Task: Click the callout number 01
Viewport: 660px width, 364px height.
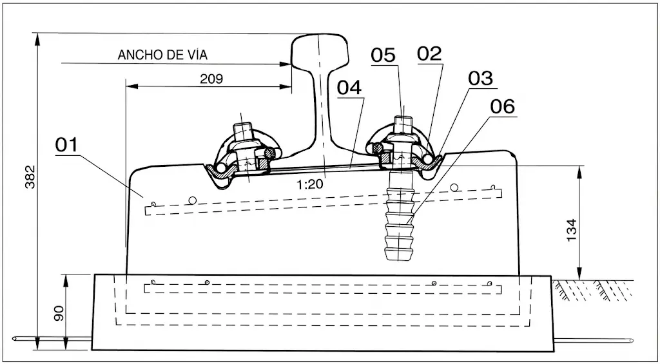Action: (66, 144)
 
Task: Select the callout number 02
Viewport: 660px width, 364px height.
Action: (430, 54)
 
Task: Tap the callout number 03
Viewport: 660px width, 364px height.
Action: (480, 79)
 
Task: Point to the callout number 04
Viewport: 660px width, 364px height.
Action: (349, 88)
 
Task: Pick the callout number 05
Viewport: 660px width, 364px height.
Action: (383, 55)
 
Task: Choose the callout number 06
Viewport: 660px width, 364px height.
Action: (503, 106)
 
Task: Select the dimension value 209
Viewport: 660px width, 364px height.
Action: (211, 79)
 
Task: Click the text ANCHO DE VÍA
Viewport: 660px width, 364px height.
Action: (163, 55)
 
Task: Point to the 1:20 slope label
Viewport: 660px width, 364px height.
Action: (309, 184)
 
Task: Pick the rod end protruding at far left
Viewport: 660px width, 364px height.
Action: (16, 338)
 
